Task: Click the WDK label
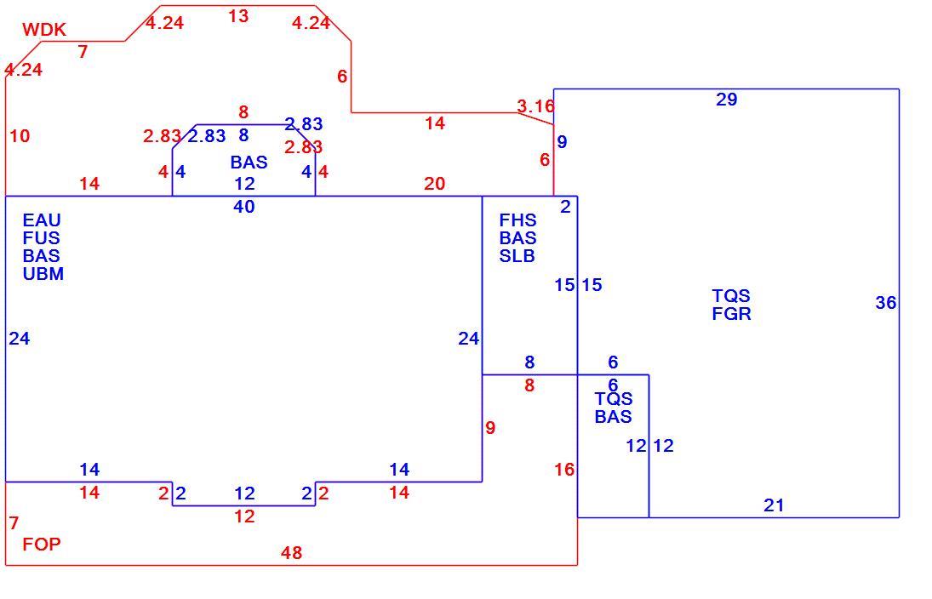[x=44, y=30]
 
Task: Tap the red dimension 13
[x=238, y=16]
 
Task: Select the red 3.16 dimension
[x=535, y=106]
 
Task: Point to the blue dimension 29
[x=726, y=100]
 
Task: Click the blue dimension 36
[x=886, y=303]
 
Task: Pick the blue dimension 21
[x=774, y=505]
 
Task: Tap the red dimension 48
[x=291, y=553]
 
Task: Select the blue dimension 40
[x=243, y=207]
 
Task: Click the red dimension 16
[x=564, y=470]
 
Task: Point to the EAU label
[x=42, y=220]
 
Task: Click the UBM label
[x=43, y=274]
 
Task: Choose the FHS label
[x=517, y=220]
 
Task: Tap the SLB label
[x=517, y=256]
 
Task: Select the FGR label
[x=731, y=314]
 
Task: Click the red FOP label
[x=42, y=545]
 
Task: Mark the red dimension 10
[x=20, y=136]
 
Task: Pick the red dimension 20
[x=434, y=184]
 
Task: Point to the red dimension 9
[x=489, y=428]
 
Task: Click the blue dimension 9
[x=562, y=142]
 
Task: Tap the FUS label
[x=41, y=238]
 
